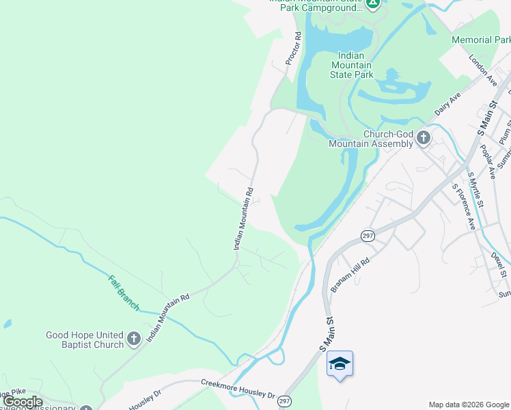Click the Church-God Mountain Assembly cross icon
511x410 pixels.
coord(424,138)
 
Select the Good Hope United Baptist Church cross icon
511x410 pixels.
coord(134,338)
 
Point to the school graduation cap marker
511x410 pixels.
coord(340,364)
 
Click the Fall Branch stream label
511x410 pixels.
coord(124,292)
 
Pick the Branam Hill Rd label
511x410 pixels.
coord(350,275)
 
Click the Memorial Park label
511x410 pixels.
coord(480,40)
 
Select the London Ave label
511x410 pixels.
coord(483,70)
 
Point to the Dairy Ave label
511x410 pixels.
coord(448,105)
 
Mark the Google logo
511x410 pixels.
coord(22,402)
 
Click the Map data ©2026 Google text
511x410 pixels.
coord(468,405)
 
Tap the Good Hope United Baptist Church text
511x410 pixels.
coord(85,340)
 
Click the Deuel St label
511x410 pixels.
coord(498,264)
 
